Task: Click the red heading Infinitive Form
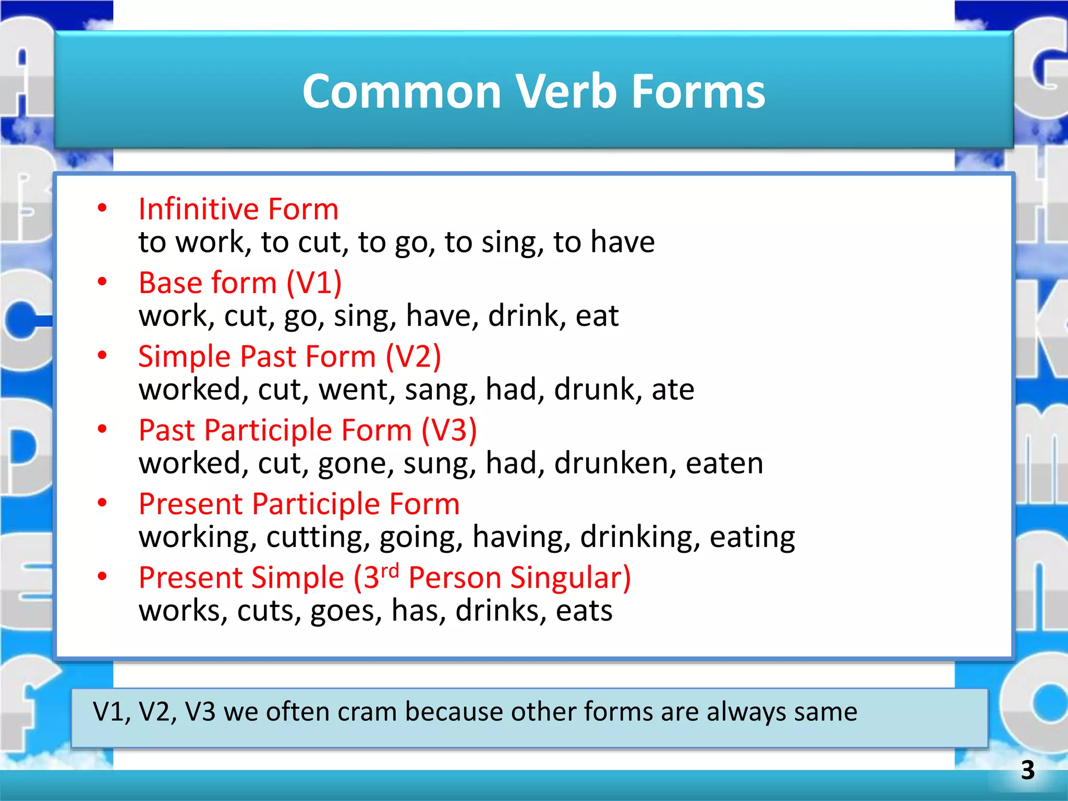click(x=238, y=209)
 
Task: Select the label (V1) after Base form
click(x=314, y=283)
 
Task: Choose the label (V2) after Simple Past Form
click(x=413, y=357)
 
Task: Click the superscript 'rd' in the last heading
click(x=390, y=570)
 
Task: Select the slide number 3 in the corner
click(x=1027, y=770)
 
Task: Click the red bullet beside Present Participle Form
click(x=102, y=503)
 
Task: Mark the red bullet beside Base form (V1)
click(x=102, y=282)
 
